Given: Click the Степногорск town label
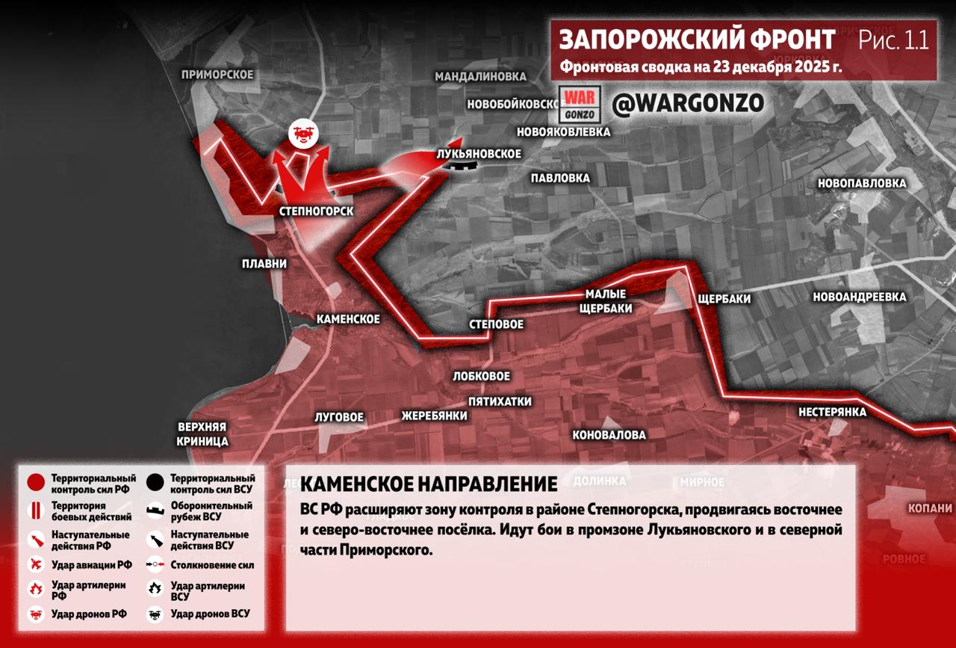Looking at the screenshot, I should (316, 212).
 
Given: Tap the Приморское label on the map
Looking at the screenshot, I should (217, 75).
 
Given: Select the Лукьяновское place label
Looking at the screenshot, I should (479, 153).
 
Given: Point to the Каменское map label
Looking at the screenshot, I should (348, 319).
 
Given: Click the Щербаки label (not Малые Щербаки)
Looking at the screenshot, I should (723, 299).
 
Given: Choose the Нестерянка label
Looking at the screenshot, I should (832, 412).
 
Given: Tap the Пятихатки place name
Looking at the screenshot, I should (500, 401).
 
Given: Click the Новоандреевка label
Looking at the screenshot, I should (859, 297).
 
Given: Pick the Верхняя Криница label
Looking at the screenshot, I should (202, 434).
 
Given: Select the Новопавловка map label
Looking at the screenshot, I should (861, 183).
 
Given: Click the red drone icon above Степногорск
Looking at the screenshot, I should (303, 134).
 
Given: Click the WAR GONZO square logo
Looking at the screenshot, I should (580, 106).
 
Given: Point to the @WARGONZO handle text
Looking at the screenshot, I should (688, 105).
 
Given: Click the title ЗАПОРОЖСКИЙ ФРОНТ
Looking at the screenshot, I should (697, 40).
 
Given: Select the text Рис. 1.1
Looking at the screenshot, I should (894, 40).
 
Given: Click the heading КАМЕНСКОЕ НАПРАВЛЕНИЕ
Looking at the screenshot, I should (429, 484).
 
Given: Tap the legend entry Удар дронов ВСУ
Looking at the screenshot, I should (210, 614).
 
